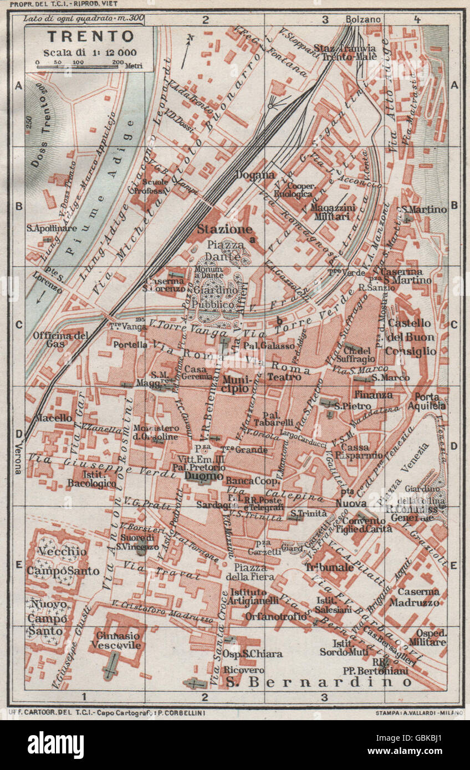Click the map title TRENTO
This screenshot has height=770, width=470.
click(90, 37)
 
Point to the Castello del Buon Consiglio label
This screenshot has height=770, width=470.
click(410, 337)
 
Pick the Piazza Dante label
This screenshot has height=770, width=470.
click(224, 250)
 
